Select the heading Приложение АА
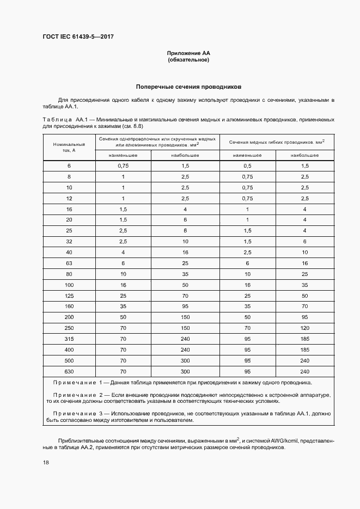click(x=188, y=53)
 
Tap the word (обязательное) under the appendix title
click(x=188, y=60)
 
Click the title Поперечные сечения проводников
click(x=188, y=87)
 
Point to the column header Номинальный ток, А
click(x=69, y=147)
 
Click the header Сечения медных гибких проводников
click(x=277, y=142)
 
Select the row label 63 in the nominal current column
click(x=69, y=263)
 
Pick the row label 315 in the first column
click(x=69, y=339)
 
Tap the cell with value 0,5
click(x=248, y=165)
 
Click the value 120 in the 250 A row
click(x=304, y=328)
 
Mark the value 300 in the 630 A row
click(x=185, y=371)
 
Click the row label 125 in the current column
click(x=69, y=296)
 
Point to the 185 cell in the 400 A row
click(x=304, y=349)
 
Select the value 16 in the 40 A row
click(x=185, y=253)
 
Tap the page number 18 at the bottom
click(x=45, y=462)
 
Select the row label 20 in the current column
click(x=69, y=220)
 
